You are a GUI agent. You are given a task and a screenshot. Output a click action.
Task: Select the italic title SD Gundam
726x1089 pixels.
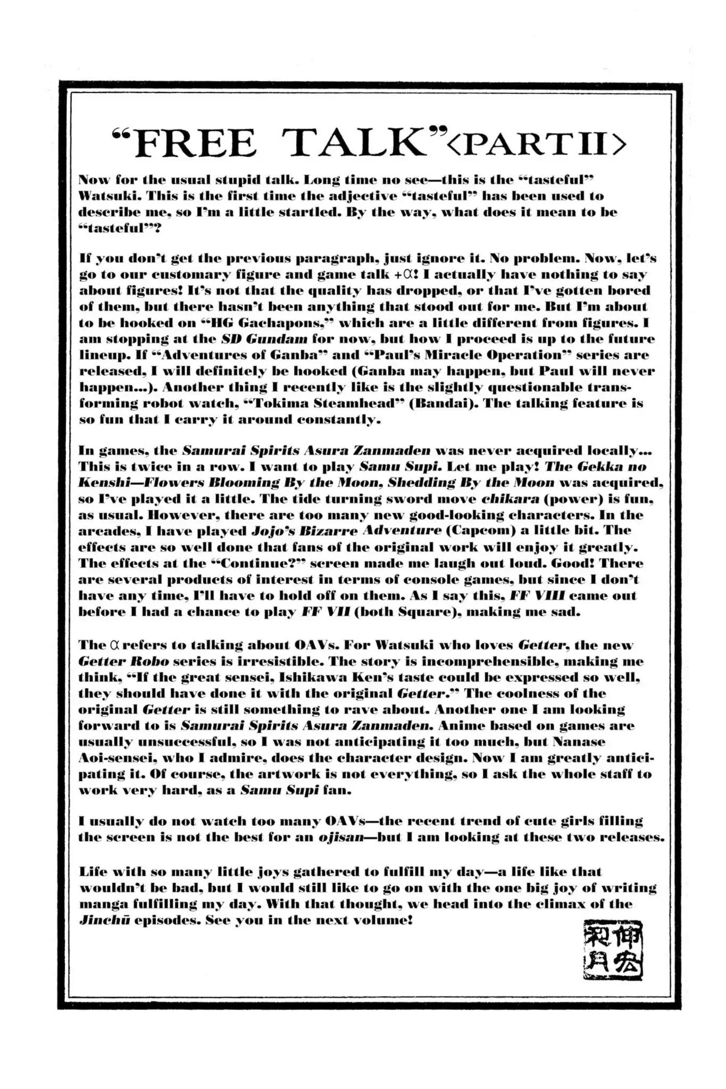[x=264, y=339]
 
